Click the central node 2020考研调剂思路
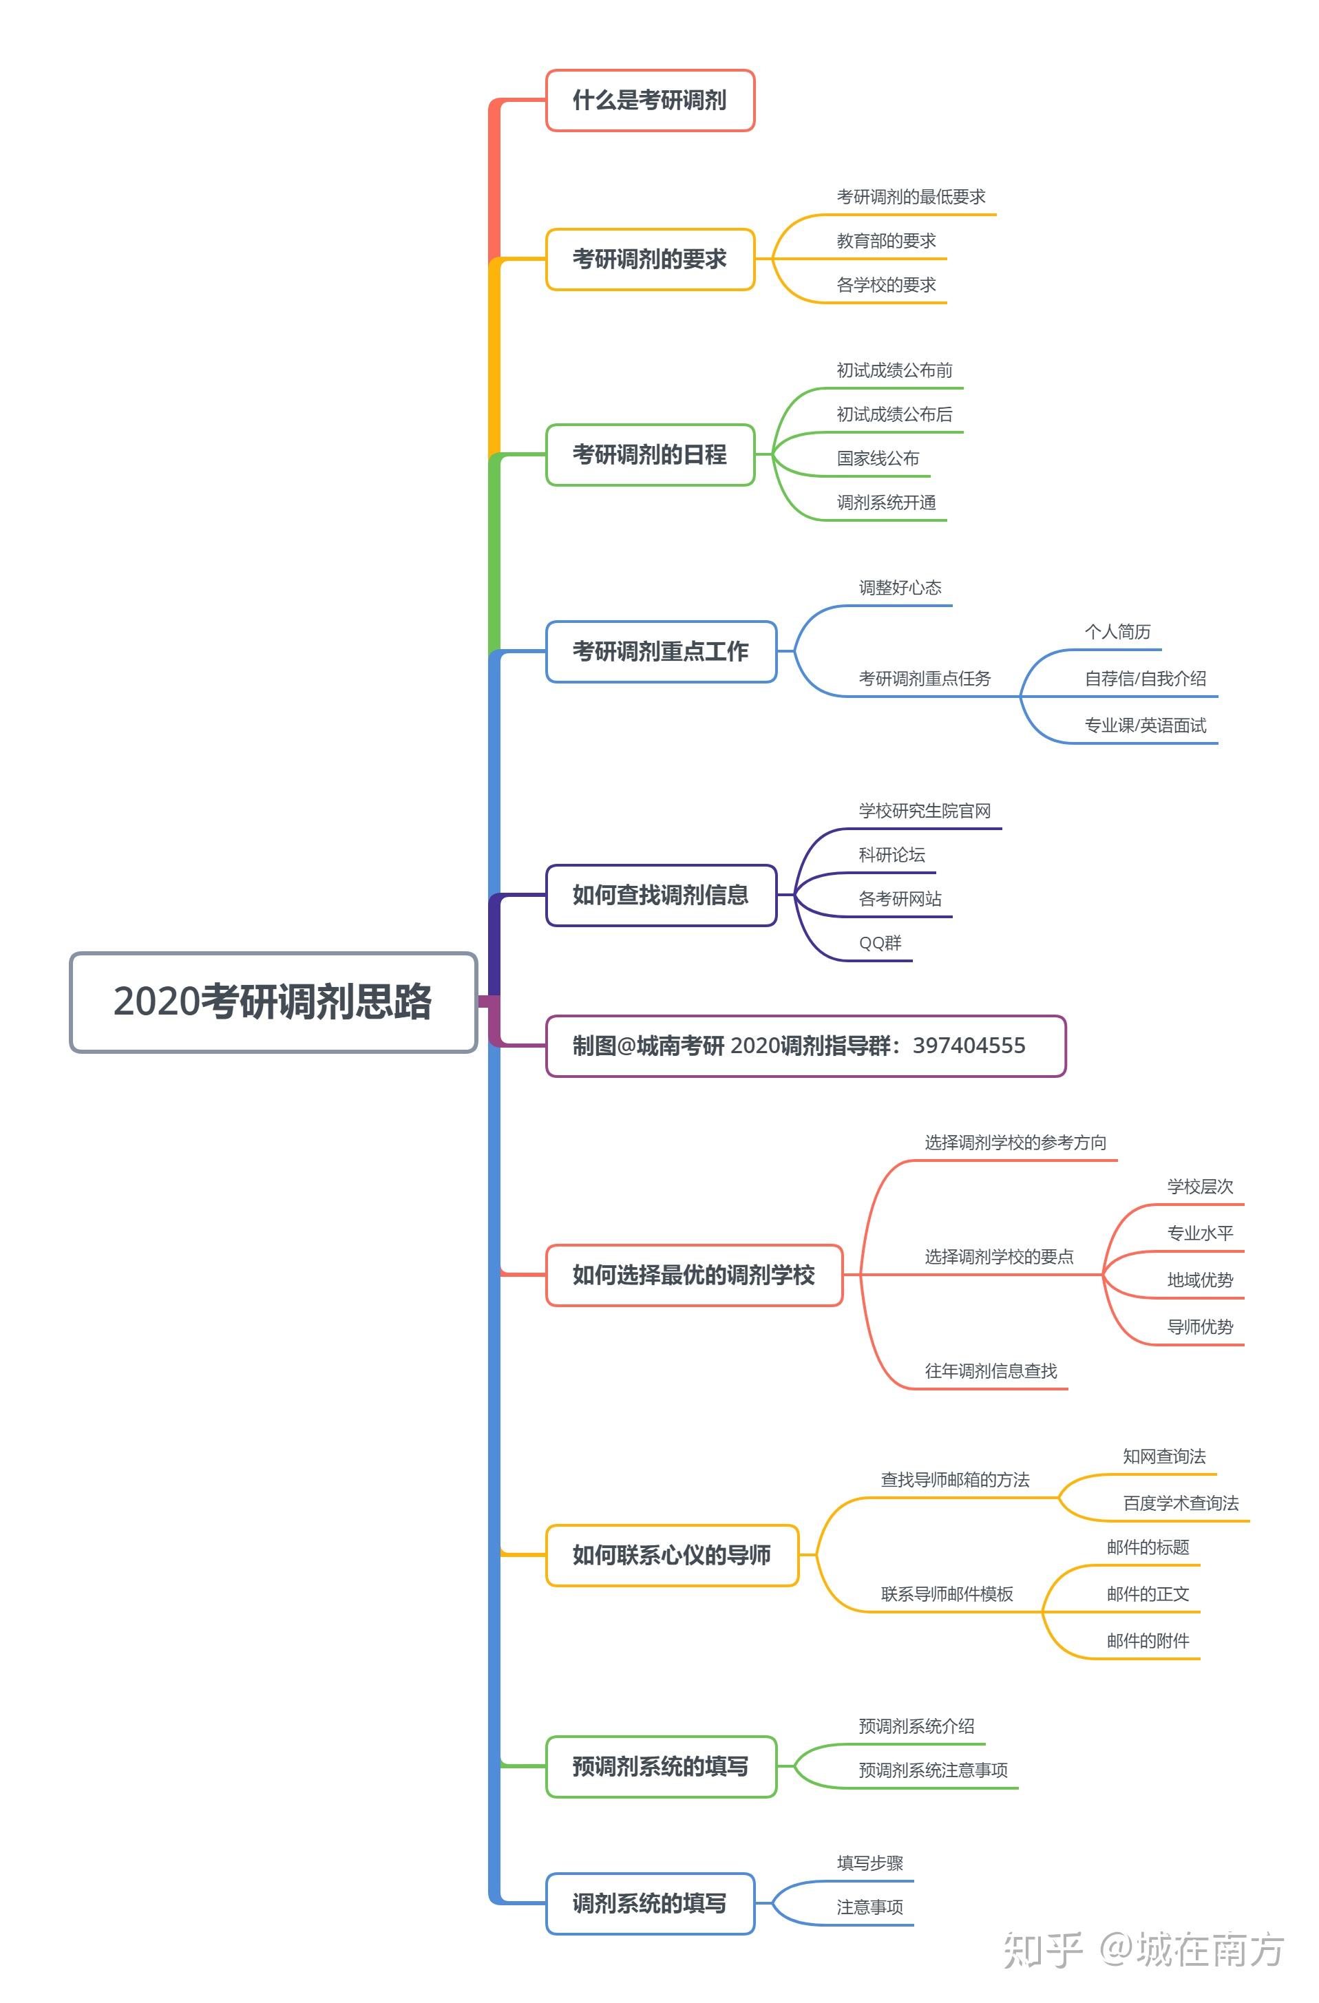click(x=273, y=1001)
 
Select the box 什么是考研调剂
click(x=650, y=100)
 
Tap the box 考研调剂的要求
click(x=650, y=259)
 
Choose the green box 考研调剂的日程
click(x=650, y=454)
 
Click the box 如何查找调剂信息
click(x=661, y=895)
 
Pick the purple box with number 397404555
click(x=805, y=1046)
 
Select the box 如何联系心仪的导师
click(x=672, y=1556)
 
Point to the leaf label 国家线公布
click(x=877, y=458)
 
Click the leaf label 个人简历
click(x=1117, y=631)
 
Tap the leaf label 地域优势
click(x=1199, y=1280)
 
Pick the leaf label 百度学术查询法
click(x=1180, y=1503)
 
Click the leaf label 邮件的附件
click(x=1148, y=1640)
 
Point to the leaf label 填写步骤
click(x=869, y=1863)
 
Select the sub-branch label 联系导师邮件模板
click(x=947, y=1594)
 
